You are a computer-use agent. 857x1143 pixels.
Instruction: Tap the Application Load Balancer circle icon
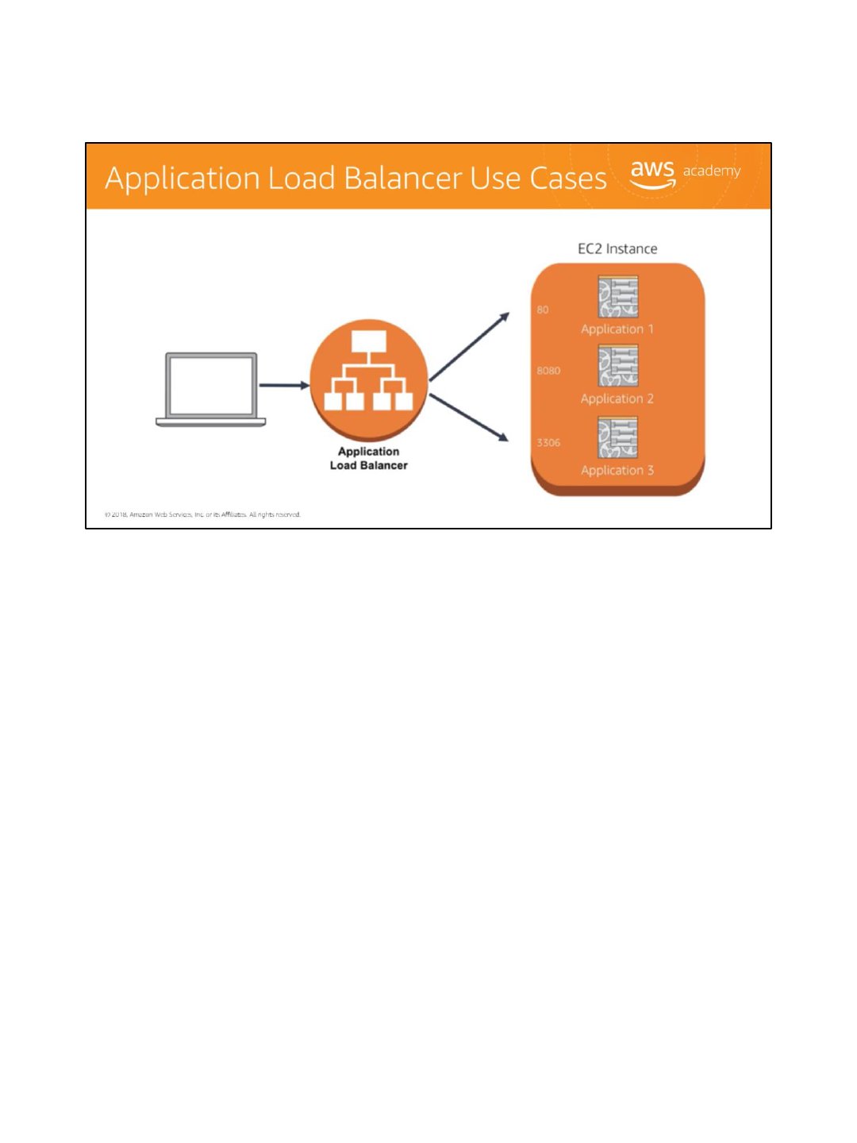[369, 379]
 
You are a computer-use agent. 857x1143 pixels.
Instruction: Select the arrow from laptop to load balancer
[283, 385]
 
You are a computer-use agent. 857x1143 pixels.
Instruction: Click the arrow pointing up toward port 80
[469, 347]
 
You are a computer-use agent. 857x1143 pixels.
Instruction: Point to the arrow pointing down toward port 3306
[469, 418]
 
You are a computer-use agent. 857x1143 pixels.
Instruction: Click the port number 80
[543, 310]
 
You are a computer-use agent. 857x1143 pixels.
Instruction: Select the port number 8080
[548, 371]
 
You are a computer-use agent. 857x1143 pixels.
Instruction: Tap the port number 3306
[548, 443]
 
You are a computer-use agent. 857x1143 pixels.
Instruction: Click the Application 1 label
[617, 329]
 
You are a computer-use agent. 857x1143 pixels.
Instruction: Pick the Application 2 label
[617, 399]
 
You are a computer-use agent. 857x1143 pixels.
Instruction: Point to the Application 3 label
[617, 471]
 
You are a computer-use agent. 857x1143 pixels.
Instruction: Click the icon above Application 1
[618, 296]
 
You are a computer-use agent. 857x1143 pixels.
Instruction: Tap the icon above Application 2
[618, 366]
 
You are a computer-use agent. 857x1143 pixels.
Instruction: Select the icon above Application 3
[618, 437]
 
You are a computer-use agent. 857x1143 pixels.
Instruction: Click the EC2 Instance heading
[617, 248]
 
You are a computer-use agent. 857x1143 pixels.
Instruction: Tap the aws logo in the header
[652, 173]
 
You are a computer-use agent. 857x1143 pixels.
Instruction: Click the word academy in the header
[712, 171]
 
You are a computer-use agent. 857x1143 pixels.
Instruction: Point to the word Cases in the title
[568, 179]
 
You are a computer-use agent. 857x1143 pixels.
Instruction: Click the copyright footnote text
[202, 514]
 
